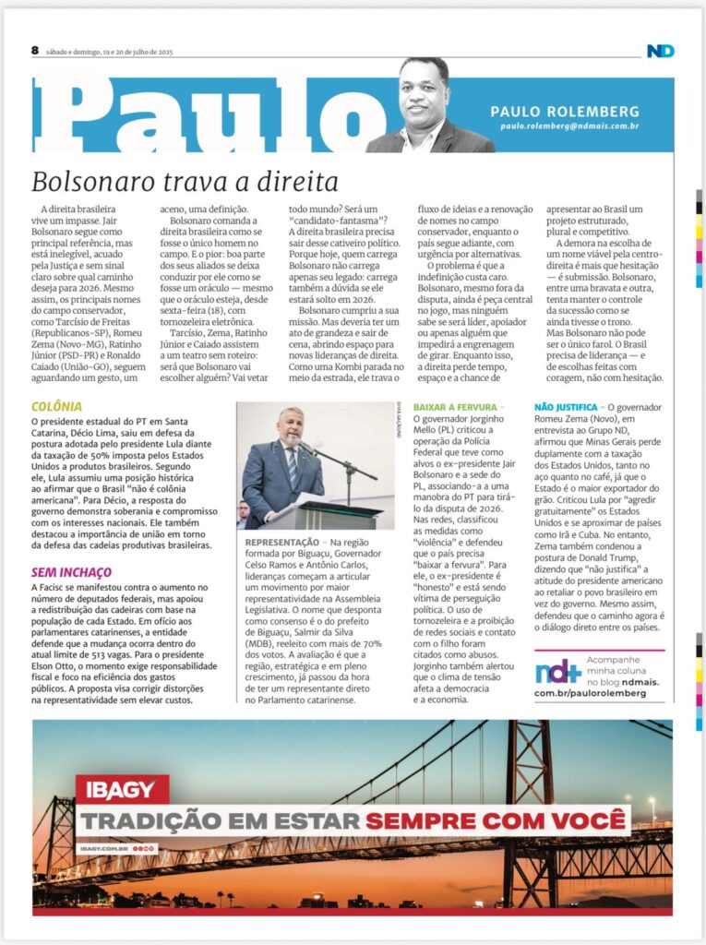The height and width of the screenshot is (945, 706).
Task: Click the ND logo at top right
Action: [660, 51]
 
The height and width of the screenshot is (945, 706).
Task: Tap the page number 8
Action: [35, 51]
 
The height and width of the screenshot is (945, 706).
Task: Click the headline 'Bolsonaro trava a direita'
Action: [185, 179]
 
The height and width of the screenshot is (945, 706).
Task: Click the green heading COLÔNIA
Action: [56, 406]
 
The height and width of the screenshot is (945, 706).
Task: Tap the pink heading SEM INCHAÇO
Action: [71, 572]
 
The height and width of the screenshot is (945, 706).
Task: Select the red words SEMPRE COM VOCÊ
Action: [497, 819]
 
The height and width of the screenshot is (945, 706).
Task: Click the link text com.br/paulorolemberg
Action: [591, 692]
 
